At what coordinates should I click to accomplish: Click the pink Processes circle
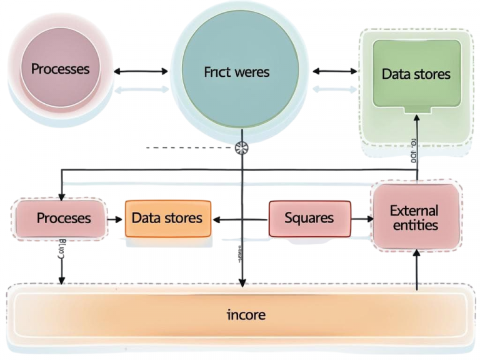(61, 68)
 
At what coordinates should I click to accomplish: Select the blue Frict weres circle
(236, 72)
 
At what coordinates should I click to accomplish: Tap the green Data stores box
(416, 74)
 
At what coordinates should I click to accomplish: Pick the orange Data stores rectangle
(167, 218)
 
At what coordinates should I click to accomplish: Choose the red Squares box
(309, 218)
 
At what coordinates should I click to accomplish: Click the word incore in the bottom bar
(246, 314)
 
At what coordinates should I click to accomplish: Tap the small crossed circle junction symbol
(242, 148)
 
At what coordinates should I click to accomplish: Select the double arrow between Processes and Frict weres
(141, 71)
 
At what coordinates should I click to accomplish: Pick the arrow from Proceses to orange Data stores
(114, 219)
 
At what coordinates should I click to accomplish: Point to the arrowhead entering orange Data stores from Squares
(216, 219)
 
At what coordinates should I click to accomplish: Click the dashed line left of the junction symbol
(187, 148)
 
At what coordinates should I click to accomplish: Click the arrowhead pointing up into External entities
(415, 254)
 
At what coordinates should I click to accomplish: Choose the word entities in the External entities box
(415, 225)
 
